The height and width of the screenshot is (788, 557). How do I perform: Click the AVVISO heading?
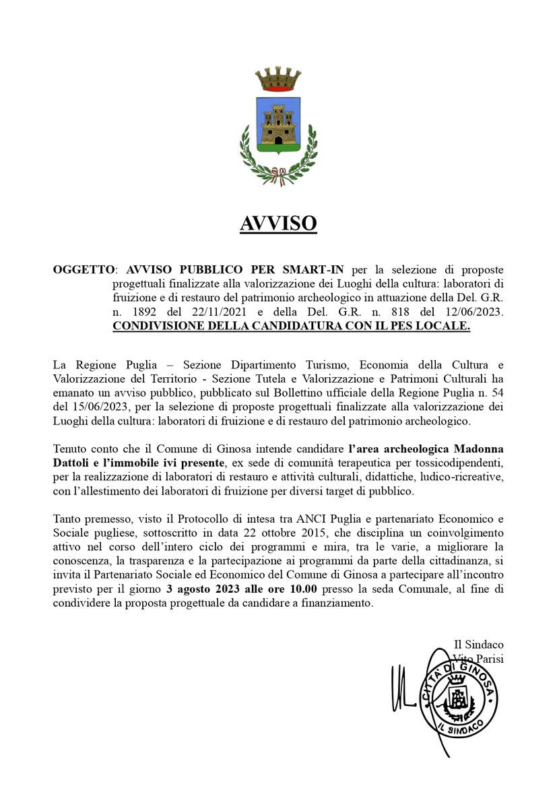[278, 223]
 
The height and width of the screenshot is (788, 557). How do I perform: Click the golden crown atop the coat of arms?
[278, 79]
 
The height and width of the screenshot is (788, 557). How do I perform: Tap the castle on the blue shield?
[278, 125]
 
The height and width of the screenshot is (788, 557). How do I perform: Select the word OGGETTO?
[84, 269]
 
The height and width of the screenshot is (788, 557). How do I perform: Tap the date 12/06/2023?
[469, 313]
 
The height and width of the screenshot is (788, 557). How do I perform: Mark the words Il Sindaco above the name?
[478, 645]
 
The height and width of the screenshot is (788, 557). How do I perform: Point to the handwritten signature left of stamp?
[403, 688]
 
